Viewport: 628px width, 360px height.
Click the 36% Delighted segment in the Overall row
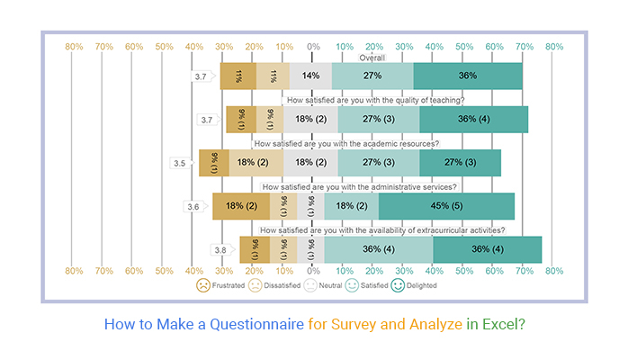[x=468, y=76]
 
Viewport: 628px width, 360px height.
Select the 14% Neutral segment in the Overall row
[x=310, y=76]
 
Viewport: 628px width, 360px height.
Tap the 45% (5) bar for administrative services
[x=446, y=206]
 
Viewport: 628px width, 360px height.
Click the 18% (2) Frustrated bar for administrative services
[x=241, y=206]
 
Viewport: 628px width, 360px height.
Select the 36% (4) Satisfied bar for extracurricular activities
[x=378, y=249]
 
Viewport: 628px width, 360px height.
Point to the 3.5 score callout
[x=181, y=163]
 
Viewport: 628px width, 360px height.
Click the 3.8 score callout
[x=221, y=249]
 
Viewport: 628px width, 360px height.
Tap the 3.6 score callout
[x=193, y=206]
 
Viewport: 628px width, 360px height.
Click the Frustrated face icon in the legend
[x=204, y=285]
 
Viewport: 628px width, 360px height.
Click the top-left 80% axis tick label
[x=74, y=46]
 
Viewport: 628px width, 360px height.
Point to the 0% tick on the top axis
[x=313, y=46]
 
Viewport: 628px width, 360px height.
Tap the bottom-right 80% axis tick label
[x=554, y=270]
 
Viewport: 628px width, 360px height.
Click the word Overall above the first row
[x=372, y=58]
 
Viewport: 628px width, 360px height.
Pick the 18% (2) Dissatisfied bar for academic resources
[x=256, y=163]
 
